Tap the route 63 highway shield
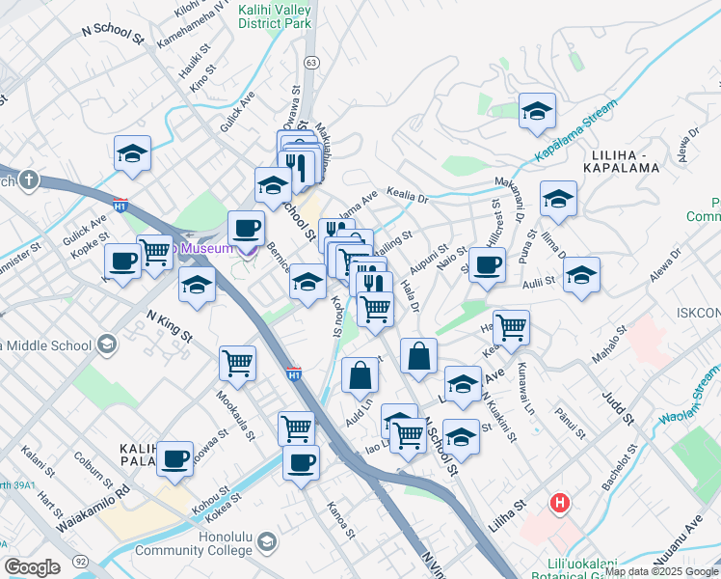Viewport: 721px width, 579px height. pos(310,62)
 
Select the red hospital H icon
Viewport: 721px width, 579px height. pos(558,503)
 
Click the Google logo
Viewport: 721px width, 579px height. pos(32,566)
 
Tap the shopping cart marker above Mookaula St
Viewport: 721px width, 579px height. pos(237,363)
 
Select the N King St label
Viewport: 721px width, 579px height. pos(170,325)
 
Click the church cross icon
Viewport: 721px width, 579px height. pos(30,179)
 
